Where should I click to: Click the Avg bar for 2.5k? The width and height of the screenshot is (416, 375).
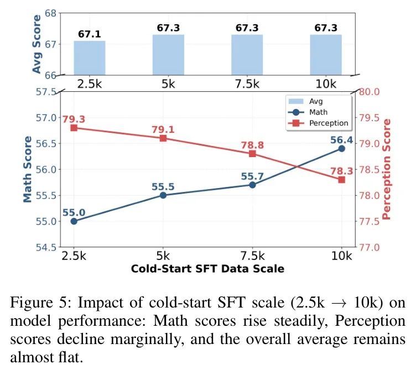90,58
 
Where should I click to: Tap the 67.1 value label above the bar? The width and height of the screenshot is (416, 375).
90,34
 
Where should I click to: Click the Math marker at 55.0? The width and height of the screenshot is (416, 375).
74,221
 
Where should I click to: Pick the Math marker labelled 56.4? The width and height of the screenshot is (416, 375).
342,148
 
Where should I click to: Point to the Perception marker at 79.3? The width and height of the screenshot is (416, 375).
74,128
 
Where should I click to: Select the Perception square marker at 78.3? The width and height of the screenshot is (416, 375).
342,180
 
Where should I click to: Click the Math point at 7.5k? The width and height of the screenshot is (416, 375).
252,185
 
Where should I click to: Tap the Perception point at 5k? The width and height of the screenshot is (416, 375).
163,138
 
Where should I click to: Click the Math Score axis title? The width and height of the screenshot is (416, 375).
28,169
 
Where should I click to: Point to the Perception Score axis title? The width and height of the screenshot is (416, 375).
387,169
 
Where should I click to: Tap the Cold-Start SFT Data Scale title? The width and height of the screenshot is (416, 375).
207,269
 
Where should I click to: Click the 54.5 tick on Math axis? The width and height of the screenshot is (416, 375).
46,247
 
